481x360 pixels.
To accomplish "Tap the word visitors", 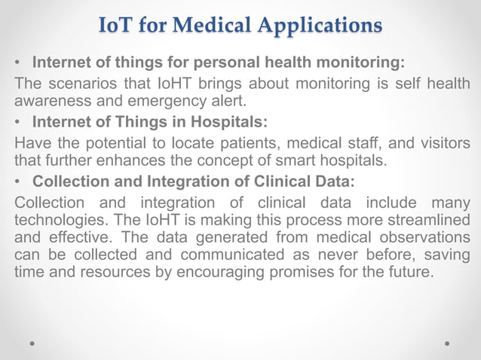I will pyautogui.click(x=439, y=143).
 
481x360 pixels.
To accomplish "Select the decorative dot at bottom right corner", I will pyautogui.click(x=448, y=343).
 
